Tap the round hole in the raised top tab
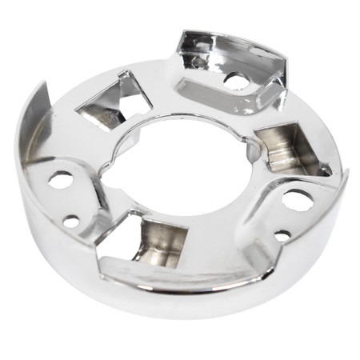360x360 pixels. tap(234, 79)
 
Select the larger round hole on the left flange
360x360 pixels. tap(61, 179)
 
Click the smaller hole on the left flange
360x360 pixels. tap(72, 220)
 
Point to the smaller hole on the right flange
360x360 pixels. tap(283, 235)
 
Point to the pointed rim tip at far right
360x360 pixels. tap(346, 171)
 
